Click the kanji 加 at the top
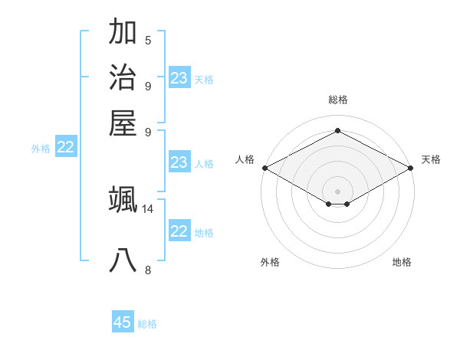123,33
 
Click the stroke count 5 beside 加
148,41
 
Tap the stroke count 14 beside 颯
148,208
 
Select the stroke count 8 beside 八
148,269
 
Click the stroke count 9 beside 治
148,85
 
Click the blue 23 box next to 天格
179,78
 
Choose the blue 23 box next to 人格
179,162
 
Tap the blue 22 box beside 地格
179,231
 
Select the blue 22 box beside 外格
66,148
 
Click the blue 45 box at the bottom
123,322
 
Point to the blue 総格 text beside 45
147,324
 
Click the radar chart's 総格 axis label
338,100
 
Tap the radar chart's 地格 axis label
402,263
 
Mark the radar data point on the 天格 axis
412,168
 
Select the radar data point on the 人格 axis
264,168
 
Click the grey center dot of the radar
338,191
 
